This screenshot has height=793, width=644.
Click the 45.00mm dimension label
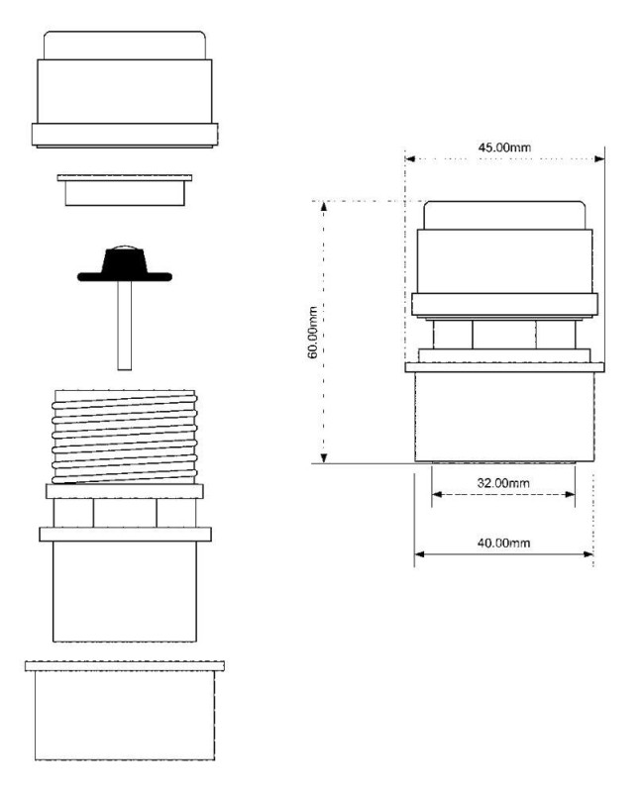point(504,148)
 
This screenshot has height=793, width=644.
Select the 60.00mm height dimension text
point(313,333)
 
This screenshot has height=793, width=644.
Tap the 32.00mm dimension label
point(503,483)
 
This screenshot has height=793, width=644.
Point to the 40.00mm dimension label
point(503,543)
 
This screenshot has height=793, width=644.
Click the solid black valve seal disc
point(125,265)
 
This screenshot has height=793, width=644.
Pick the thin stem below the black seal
point(125,325)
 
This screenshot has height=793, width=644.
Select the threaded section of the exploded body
point(125,437)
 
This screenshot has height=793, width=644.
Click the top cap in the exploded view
point(125,89)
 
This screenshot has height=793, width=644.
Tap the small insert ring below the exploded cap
point(125,190)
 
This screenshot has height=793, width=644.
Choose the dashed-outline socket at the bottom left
point(125,710)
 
